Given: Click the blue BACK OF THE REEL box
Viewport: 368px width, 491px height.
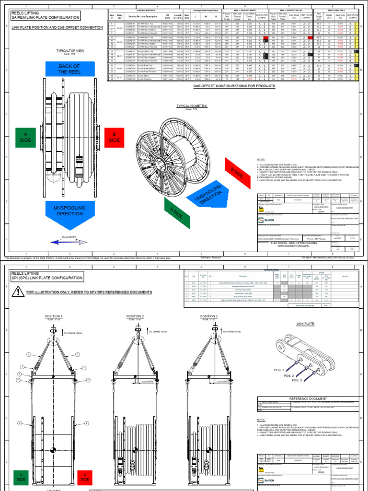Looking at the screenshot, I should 69,69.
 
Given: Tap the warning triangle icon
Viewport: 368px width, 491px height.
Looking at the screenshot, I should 18,291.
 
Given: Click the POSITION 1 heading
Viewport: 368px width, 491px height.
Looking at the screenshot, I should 54,316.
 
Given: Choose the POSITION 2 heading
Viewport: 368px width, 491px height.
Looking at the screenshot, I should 135,316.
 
